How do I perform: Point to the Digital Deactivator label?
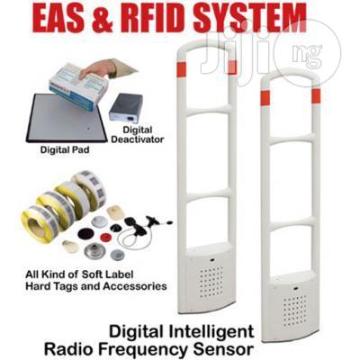141,135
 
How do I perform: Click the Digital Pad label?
65,149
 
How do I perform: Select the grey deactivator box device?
126,107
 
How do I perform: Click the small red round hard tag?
105,238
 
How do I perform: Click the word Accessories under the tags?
135,285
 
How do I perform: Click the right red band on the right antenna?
316,96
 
